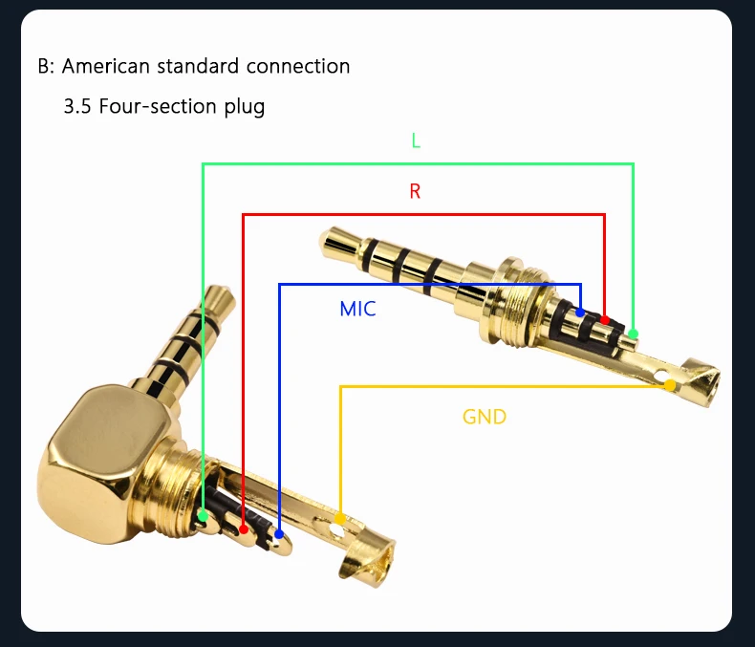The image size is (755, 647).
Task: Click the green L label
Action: [x=416, y=140]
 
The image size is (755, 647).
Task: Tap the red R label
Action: [x=415, y=191]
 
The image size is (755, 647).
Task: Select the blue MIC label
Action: [x=357, y=309]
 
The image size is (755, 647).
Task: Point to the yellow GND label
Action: [x=485, y=417]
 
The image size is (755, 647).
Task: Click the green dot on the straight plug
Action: [x=633, y=334]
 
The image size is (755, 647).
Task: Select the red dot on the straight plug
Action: [x=604, y=318]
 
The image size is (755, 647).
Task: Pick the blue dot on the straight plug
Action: [x=580, y=313]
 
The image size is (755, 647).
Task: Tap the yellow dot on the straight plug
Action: [x=670, y=385]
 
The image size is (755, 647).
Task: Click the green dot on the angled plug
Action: [x=204, y=515]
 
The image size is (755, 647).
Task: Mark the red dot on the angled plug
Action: [x=244, y=528]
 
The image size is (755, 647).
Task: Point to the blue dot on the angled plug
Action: [x=279, y=534]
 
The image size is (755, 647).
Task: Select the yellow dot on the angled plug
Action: [x=339, y=518]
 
